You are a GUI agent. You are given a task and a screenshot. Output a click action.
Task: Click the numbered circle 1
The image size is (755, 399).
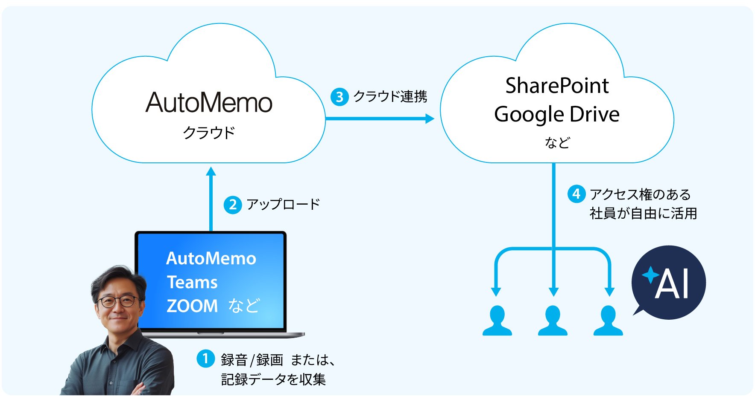click(x=205, y=359)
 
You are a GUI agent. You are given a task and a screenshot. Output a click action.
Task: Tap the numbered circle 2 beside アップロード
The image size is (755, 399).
click(x=233, y=205)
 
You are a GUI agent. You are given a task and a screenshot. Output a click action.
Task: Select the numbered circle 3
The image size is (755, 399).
click(x=339, y=97)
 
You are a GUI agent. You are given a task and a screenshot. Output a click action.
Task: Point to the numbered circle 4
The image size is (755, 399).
click(x=576, y=194)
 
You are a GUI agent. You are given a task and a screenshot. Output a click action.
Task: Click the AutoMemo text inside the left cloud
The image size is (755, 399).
click(x=209, y=103)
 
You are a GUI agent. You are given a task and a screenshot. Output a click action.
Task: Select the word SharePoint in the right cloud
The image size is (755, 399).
click(x=557, y=85)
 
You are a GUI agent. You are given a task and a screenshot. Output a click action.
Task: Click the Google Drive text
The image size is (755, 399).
click(x=557, y=114)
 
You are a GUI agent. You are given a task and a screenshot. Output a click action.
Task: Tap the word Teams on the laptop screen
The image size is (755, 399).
click(x=192, y=282)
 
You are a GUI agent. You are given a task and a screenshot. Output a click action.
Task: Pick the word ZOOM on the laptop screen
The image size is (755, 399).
click(x=192, y=306)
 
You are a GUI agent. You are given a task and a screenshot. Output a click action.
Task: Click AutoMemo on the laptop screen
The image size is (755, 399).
click(x=211, y=258)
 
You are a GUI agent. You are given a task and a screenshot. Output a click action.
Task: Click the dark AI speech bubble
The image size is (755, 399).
click(x=669, y=283)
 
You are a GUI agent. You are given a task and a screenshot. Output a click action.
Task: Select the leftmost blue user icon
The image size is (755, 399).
click(x=497, y=321)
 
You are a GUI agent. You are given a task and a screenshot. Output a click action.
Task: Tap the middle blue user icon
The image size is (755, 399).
click(x=553, y=321)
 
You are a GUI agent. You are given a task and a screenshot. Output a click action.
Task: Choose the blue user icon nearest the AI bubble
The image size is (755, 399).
click(x=608, y=321)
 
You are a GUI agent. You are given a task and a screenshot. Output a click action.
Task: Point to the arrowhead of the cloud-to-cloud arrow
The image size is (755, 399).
click(x=430, y=119)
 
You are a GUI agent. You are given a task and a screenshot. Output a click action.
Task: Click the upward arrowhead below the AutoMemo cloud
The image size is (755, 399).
click(x=211, y=172)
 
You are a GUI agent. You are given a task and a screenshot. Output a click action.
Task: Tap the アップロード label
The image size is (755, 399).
click(x=283, y=205)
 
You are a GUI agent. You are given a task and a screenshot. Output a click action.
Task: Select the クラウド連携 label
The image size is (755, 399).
click(x=390, y=97)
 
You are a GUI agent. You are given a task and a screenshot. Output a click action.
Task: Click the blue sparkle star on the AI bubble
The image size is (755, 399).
click(x=650, y=275)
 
